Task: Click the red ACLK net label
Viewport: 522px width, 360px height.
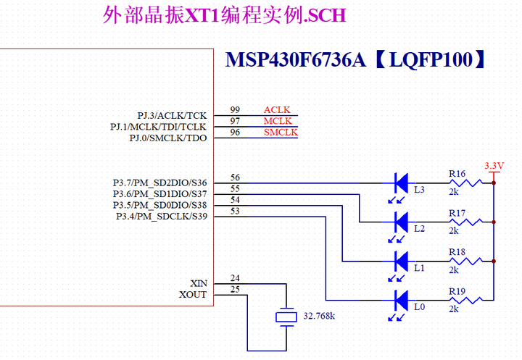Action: coord(277,110)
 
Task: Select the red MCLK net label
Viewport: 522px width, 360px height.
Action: coord(278,121)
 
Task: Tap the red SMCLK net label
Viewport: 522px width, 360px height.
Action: coord(280,133)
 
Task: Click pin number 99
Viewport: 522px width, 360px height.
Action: coord(235,110)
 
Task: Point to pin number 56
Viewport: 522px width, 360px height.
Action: coord(235,177)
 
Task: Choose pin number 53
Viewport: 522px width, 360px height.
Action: coord(235,212)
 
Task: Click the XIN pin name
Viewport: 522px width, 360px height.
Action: coord(198,283)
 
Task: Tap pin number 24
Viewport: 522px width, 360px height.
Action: coord(235,278)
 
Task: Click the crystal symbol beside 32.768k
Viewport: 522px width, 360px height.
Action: coord(288,317)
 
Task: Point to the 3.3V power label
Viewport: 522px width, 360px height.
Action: coord(494,166)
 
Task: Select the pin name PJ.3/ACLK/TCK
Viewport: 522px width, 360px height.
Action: coord(172,116)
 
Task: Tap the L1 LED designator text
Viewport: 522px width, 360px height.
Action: coord(419,268)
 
